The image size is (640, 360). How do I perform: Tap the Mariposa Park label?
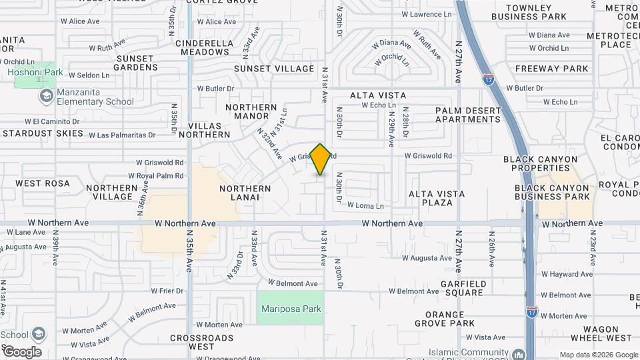tap(291, 309)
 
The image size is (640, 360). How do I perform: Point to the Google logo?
tap(21, 352)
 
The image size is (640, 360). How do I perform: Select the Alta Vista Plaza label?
tap(437, 198)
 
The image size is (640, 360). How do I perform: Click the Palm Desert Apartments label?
tap(468, 115)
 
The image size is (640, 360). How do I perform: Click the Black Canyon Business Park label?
tap(553, 192)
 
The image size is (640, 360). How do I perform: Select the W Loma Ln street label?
tap(365, 206)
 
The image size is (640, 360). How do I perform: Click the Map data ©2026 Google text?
tap(598, 355)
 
